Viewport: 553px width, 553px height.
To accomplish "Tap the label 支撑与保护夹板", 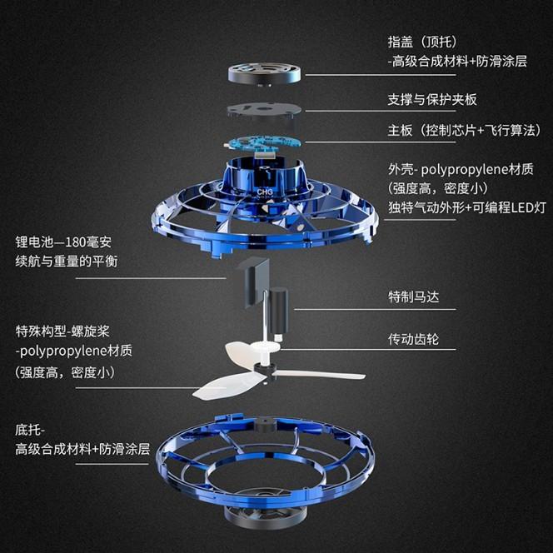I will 432,98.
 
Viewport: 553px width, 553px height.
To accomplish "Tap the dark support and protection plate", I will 264,111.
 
